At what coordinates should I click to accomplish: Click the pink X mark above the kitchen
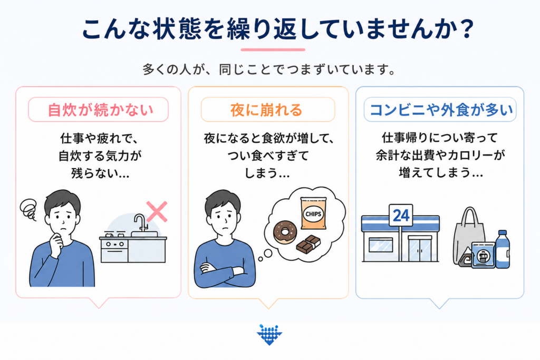click(157, 212)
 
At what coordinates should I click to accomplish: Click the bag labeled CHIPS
click(313, 213)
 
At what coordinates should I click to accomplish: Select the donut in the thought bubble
click(285, 232)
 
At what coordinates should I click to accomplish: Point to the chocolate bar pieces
click(308, 245)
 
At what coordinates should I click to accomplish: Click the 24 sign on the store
click(401, 216)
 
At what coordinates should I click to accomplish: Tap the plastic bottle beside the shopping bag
click(503, 249)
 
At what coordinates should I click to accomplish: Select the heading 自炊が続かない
click(100, 110)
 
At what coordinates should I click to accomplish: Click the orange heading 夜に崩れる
click(266, 110)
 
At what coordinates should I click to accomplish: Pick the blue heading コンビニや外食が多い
click(441, 110)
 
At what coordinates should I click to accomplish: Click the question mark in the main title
click(467, 29)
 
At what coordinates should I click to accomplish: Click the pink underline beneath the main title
click(273, 50)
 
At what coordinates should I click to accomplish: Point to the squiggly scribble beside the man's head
click(28, 209)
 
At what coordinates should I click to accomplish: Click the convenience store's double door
click(420, 249)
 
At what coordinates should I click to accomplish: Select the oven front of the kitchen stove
click(114, 251)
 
